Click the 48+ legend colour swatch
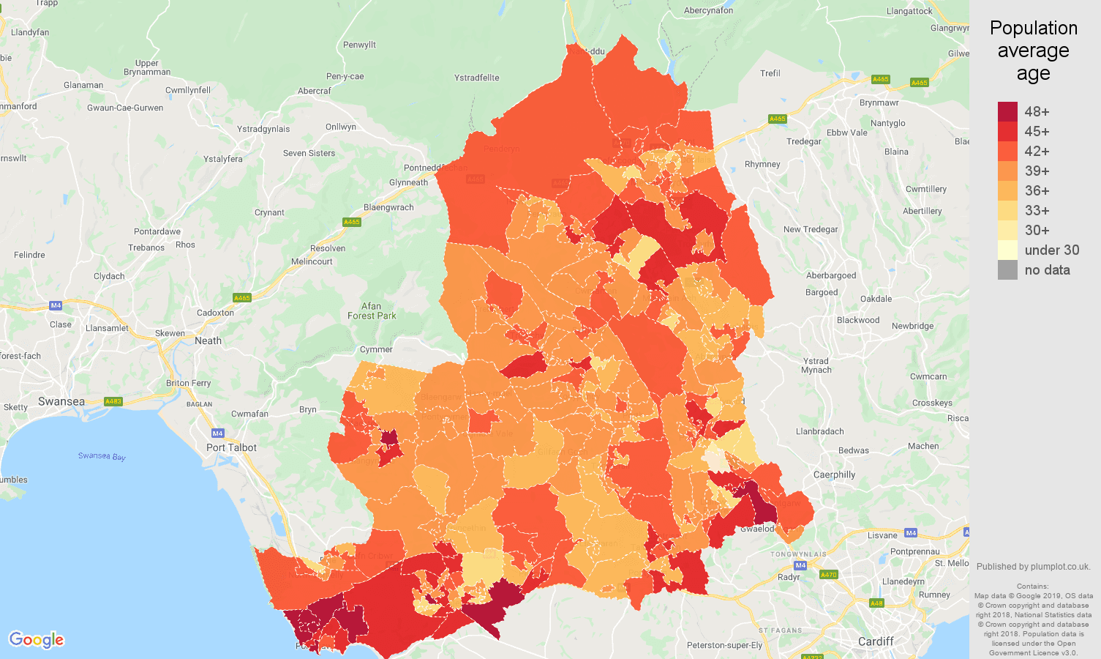(x=1007, y=111)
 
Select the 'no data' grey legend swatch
(x=1007, y=269)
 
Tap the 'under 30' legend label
(x=1051, y=250)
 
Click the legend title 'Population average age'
(x=1033, y=51)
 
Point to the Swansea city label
(x=61, y=401)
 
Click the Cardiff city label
(x=875, y=641)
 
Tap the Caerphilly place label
(x=834, y=474)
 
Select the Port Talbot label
(x=231, y=447)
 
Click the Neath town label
(x=208, y=340)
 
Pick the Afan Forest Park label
(x=372, y=311)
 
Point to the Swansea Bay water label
(x=102, y=456)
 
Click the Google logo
(x=37, y=640)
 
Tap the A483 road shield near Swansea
(x=113, y=401)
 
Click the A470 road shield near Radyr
(x=828, y=575)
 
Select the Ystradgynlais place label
(x=263, y=129)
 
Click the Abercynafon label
(x=708, y=10)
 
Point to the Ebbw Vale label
(x=846, y=133)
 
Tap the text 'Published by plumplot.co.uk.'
(x=1033, y=566)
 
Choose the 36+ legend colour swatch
(x=1007, y=190)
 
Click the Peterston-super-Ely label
(x=724, y=645)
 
